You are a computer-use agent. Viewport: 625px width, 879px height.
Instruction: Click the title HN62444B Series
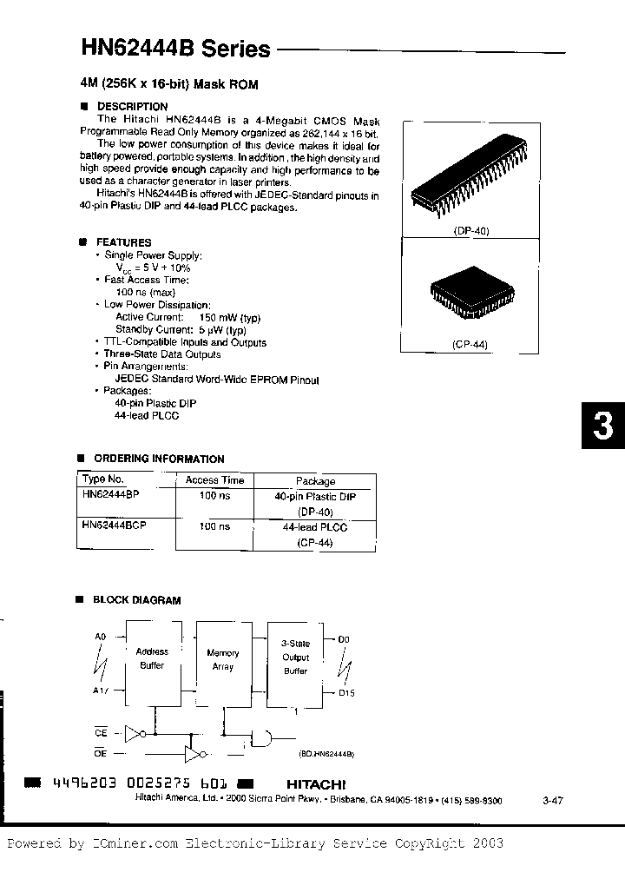pyautogui.click(x=174, y=49)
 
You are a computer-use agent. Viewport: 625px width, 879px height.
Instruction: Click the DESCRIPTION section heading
pyautogui.click(x=132, y=107)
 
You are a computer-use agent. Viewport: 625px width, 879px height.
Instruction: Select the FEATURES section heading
pyautogui.click(x=123, y=242)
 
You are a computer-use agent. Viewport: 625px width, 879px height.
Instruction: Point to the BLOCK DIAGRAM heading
pyautogui.click(x=136, y=600)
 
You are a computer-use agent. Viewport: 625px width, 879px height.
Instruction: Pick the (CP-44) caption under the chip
pyautogui.click(x=470, y=345)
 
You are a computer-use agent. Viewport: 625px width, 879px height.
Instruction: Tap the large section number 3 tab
pyautogui.click(x=602, y=426)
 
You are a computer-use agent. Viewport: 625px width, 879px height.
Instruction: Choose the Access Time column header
pyautogui.click(x=214, y=480)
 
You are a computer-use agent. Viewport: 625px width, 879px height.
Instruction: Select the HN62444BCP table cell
pyautogui.click(x=114, y=526)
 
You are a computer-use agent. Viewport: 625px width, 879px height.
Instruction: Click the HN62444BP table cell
pyautogui.click(x=110, y=493)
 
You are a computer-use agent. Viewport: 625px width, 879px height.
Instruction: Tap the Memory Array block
pyautogui.click(x=222, y=659)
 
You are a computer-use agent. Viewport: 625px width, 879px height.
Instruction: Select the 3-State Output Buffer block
pyautogui.click(x=295, y=658)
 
